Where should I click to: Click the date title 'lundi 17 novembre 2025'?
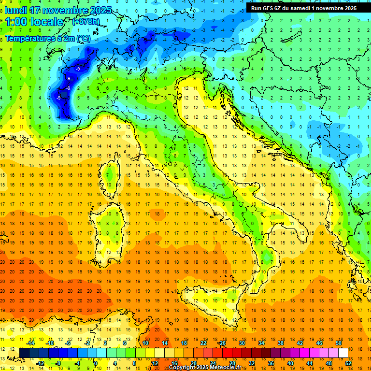[58, 10]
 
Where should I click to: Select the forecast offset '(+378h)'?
[87, 22]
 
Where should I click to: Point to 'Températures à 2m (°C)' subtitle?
[47, 38]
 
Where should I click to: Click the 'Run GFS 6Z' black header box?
[304, 8]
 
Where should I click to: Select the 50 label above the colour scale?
[338, 343]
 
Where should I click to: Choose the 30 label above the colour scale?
[242, 343]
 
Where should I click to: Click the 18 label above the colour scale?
[184, 343]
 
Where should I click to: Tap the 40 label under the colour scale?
[290, 363]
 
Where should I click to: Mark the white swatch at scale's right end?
[343, 353]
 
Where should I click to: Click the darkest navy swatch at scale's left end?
[24, 353]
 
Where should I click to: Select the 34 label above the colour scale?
[261, 343]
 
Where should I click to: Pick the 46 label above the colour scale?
[319, 343]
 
